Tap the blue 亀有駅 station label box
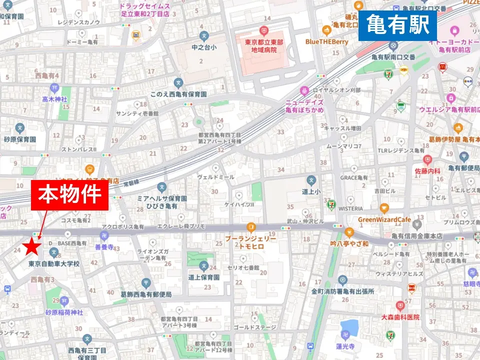(397, 25)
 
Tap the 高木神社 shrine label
(54, 99)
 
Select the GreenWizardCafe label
(384, 219)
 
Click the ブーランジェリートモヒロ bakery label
(250, 243)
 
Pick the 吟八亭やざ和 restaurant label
(349, 243)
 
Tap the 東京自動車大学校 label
(53, 263)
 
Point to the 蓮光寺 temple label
(345, 345)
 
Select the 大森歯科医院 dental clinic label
(399, 317)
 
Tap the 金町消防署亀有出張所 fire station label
(342, 291)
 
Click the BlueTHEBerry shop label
(327, 42)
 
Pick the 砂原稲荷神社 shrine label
(64, 312)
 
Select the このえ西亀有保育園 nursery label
(178, 93)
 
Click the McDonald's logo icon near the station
(442, 66)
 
